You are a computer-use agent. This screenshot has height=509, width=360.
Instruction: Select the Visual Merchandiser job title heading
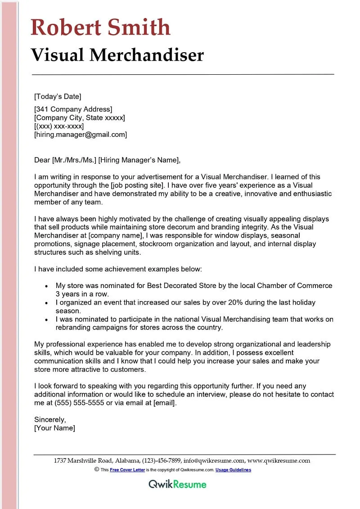coord(117,55)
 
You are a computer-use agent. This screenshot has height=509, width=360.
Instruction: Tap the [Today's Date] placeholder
coord(58,96)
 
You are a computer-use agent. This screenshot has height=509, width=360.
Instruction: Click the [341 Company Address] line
coord(73,109)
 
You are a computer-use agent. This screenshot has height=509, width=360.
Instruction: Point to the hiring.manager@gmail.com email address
coord(81,134)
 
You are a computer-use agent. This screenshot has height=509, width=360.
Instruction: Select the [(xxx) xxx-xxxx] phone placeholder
coord(59,126)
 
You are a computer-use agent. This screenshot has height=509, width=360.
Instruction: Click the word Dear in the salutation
coord(42,160)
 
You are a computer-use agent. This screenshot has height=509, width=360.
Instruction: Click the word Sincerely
coord(50,419)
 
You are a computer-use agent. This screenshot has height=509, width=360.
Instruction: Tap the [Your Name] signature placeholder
coord(54,428)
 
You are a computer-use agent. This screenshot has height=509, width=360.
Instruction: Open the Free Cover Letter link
coord(127,470)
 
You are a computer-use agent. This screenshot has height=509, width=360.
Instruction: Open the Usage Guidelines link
coord(233,470)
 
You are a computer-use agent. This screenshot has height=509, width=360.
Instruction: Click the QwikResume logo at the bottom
coord(178,484)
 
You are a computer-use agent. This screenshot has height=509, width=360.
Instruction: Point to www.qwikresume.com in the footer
coord(279,460)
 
